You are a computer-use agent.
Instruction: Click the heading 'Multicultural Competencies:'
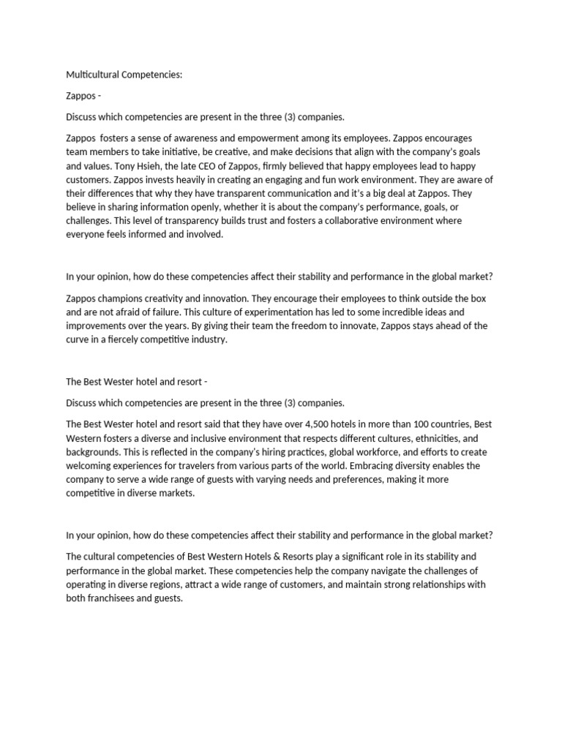point(124,74)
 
